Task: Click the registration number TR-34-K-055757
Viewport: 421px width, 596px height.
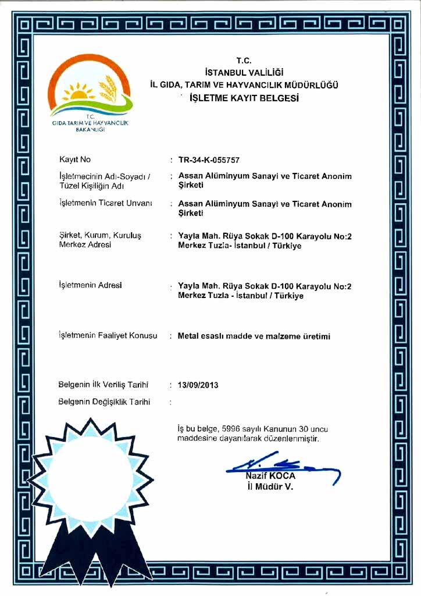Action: [x=209, y=160]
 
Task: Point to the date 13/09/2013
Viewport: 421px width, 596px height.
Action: [x=198, y=385]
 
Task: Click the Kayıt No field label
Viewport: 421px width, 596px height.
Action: [x=75, y=159]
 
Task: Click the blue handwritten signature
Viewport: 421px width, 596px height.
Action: [x=279, y=466]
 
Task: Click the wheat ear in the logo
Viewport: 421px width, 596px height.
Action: [x=108, y=88]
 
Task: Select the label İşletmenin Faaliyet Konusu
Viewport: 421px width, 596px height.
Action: [x=108, y=336]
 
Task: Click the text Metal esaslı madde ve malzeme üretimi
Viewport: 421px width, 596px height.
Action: [x=254, y=336]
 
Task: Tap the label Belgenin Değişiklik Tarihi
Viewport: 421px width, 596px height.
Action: [x=104, y=402]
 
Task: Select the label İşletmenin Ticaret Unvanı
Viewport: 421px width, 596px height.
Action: [x=105, y=203]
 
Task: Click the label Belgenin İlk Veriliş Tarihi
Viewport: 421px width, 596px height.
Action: [x=104, y=385]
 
